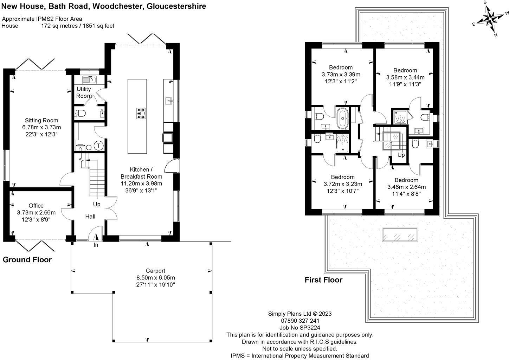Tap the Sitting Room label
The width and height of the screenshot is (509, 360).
click(41, 120)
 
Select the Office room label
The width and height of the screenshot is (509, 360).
click(36, 205)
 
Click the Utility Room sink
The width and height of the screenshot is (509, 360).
click(89, 79)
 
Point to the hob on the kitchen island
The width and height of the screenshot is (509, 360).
click(141, 114)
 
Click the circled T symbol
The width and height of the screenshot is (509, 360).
click(99, 146)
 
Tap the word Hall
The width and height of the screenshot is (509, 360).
click(90, 217)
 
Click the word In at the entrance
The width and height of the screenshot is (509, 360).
click(96, 245)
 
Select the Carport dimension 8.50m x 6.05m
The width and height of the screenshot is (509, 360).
click(156, 277)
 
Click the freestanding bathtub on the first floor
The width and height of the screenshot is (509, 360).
click(342, 118)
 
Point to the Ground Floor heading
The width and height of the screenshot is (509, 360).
click(27, 260)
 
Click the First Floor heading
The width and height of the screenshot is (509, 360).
click(324, 280)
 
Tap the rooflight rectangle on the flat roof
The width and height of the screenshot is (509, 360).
click(400, 235)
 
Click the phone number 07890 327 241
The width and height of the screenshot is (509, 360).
click(300, 321)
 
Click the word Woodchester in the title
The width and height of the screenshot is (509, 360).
click(118, 6)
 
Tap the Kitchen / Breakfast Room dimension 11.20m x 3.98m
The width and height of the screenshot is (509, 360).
click(141, 184)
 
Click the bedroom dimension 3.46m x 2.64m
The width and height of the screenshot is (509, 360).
click(406, 187)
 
